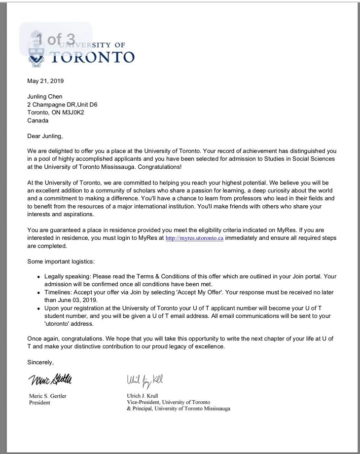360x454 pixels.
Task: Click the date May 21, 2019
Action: (x=45, y=81)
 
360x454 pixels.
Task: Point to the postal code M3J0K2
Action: (x=71, y=113)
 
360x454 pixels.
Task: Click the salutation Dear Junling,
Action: (x=45, y=136)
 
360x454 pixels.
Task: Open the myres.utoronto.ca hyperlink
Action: (x=194, y=238)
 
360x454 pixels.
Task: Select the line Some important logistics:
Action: (x=61, y=261)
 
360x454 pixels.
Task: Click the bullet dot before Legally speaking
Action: (x=38, y=277)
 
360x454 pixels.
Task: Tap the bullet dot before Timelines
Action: (x=38, y=293)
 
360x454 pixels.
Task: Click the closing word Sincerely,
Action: (x=40, y=362)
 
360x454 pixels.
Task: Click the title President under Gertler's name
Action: (x=40, y=402)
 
